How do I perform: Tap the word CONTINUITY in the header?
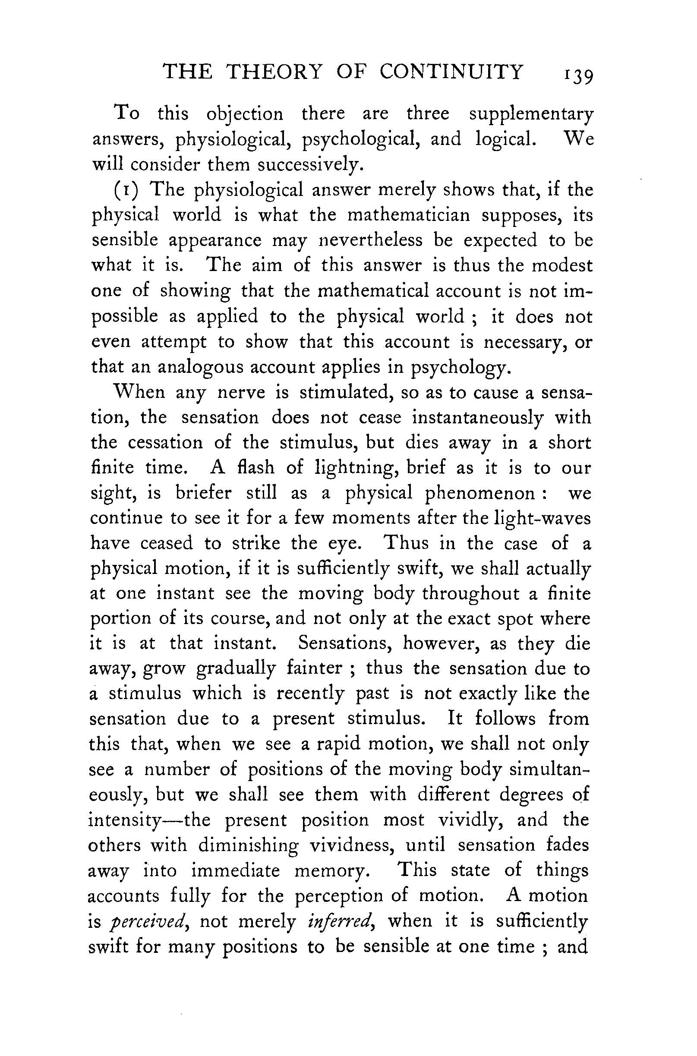(x=451, y=72)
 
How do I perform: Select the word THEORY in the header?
(x=273, y=72)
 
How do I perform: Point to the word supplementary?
(x=531, y=115)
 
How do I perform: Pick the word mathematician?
(x=409, y=215)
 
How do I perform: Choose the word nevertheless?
(x=371, y=240)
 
